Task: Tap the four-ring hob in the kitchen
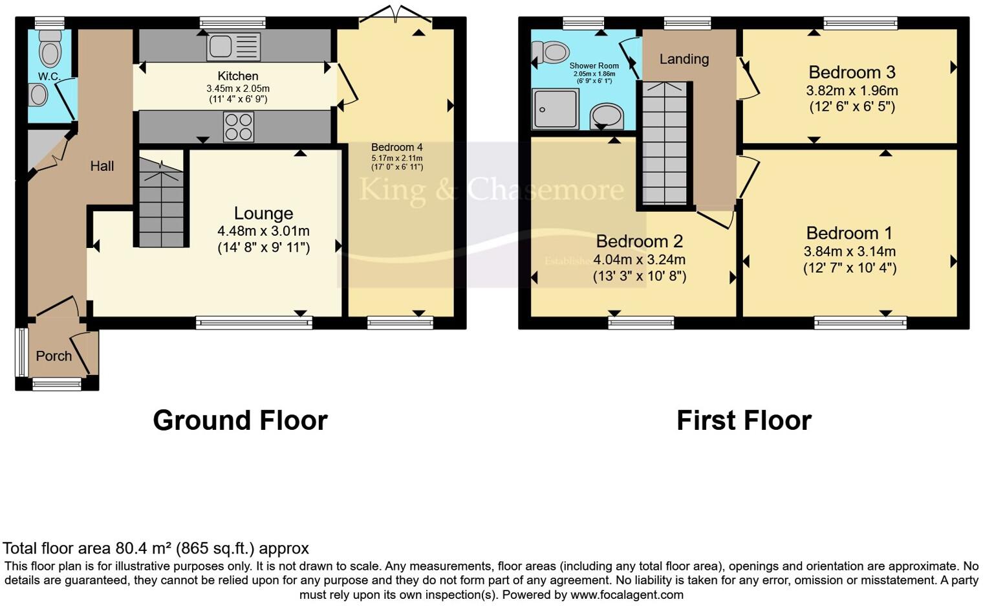[x=238, y=127]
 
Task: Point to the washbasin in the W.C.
[x=39, y=96]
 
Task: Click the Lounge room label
[x=263, y=213]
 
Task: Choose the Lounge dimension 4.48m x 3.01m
[x=263, y=230]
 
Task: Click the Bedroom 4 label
[x=396, y=147]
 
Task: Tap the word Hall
[x=102, y=166]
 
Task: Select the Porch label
[x=54, y=355]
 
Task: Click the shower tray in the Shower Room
[x=555, y=109]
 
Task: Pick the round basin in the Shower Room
[x=607, y=117]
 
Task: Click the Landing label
[x=684, y=59]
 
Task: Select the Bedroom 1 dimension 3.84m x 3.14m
[x=849, y=251]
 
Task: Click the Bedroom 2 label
[x=639, y=241]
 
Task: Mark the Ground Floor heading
[x=240, y=420]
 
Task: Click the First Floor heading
[x=744, y=420]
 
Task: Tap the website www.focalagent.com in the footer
[x=626, y=594]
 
